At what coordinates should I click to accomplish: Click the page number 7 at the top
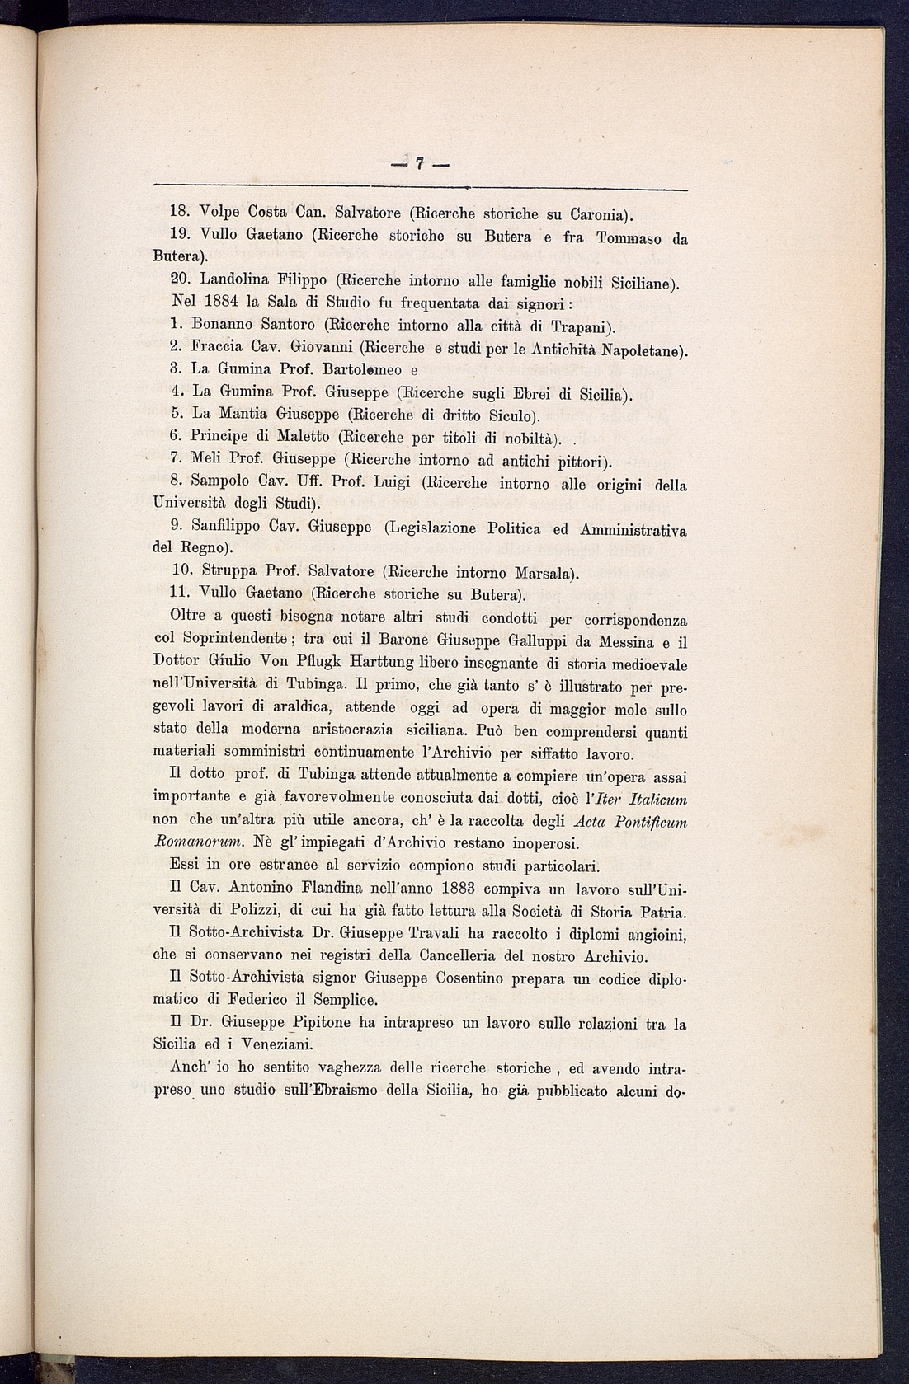point(419,164)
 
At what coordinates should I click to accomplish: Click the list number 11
point(180,593)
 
